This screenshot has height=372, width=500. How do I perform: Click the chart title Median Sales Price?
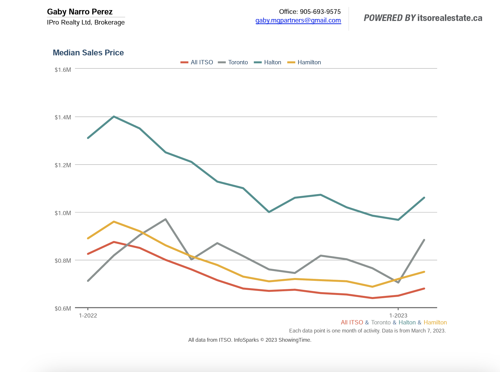(x=88, y=53)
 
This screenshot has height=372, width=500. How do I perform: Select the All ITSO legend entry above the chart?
(x=202, y=62)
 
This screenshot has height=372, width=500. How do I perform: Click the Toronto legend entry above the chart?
(x=238, y=62)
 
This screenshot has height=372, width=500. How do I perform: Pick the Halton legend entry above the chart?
(x=272, y=62)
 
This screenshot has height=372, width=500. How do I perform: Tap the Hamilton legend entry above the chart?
(x=309, y=62)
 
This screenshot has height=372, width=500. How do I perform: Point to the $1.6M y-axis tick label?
(x=63, y=70)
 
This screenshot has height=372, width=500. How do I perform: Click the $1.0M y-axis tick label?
(x=63, y=213)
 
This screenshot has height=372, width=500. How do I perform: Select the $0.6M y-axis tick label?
(x=63, y=309)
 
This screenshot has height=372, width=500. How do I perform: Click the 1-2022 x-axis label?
(x=88, y=315)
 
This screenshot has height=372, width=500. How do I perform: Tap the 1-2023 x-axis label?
(x=398, y=315)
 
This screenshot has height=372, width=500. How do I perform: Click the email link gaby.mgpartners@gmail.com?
(x=298, y=20)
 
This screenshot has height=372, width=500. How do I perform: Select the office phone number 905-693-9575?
(x=320, y=12)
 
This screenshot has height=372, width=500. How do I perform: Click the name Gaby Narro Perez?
(x=80, y=12)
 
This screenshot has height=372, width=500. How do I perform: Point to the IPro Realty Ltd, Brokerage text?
(x=86, y=22)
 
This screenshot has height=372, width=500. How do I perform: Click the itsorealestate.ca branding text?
(x=450, y=18)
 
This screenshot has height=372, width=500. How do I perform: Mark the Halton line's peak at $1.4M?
(x=114, y=117)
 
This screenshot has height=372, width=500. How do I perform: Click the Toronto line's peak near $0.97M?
(x=166, y=219)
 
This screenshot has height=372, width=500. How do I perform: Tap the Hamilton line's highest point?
(x=114, y=222)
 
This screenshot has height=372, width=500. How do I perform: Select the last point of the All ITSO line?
(x=424, y=288)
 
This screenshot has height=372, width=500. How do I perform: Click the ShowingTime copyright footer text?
(x=250, y=340)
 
